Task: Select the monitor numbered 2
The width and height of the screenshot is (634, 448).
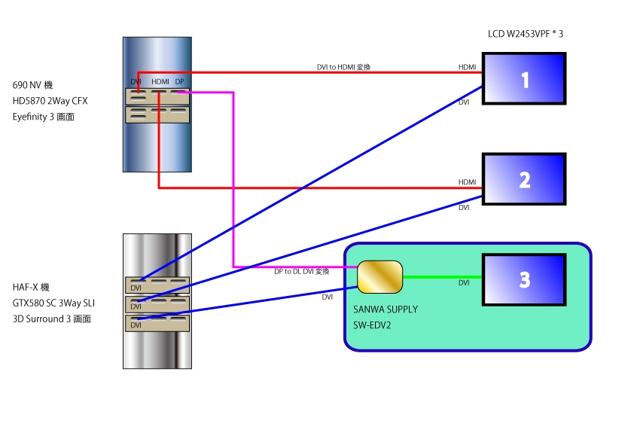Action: point(524,179)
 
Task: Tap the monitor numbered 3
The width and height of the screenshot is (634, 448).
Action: point(524,280)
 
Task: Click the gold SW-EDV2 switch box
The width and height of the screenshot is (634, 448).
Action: point(379,277)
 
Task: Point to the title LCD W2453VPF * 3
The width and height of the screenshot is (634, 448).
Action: point(526,34)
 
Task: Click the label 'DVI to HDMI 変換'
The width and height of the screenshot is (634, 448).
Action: point(343,67)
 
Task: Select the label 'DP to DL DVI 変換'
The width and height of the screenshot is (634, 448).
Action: point(302,271)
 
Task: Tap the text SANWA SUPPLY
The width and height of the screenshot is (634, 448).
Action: point(385,309)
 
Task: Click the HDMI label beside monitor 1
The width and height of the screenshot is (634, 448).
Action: point(467,68)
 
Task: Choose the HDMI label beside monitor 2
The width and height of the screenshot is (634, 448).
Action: point(467,182)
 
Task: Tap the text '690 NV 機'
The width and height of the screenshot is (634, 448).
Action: point(31,84)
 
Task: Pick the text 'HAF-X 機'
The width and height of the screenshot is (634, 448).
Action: point(31,288)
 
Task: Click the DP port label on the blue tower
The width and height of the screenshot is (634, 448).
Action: point(179,81)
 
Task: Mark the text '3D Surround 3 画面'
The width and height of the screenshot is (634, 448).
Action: point(52,318)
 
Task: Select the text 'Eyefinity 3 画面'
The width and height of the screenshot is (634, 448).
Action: point(44,117)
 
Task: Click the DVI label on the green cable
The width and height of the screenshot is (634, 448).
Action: point(464,283)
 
